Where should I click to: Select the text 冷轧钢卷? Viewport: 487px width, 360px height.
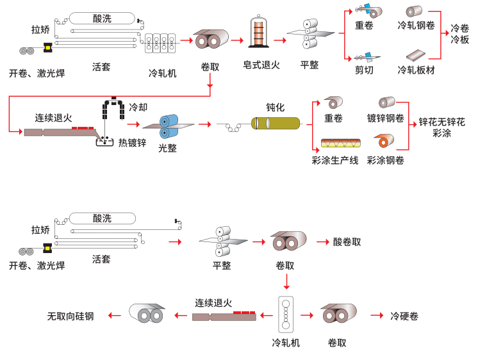(416, 26)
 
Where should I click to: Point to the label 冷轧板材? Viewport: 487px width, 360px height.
(416, 70)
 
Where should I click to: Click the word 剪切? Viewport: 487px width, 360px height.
(365, 70)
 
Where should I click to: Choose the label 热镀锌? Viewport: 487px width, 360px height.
(132, 143)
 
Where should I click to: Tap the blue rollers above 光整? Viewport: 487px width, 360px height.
(169, 126)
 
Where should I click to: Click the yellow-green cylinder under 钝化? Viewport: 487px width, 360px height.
(276, 124)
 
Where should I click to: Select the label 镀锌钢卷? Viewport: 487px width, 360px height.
(386, 119)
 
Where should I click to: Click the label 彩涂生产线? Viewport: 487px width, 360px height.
(336, 160)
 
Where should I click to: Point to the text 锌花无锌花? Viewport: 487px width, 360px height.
(442, 122)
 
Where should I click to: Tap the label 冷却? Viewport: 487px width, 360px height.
(138, 106)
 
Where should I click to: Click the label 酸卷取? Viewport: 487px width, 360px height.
(347, 242)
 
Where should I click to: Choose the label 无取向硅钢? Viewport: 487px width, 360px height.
(70, 316)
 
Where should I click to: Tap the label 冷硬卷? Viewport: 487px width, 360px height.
(404, 316)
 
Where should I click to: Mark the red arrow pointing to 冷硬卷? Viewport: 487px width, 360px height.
(377, 315)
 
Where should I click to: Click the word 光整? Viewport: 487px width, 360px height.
(168, 148)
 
